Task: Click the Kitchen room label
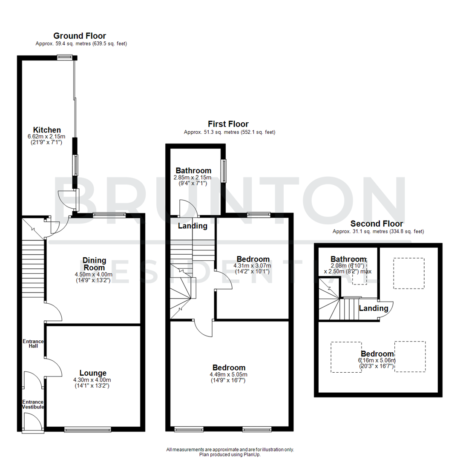pos(47,129)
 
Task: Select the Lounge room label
pos(92,373)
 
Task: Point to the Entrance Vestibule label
pos(33,404)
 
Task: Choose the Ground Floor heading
pos(80,36)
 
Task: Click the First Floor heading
pos(228,124)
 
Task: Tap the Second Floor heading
pos(377,224)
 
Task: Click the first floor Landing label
pos(193,226)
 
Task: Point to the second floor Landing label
pos(374,308)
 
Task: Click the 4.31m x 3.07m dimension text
pos(253,265)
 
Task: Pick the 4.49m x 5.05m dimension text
pos(228,374)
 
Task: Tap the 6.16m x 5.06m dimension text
pos(377,360)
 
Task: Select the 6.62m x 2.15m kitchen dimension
pos(47,136)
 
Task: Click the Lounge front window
pos(87,429)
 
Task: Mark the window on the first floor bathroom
pos(223,170)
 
